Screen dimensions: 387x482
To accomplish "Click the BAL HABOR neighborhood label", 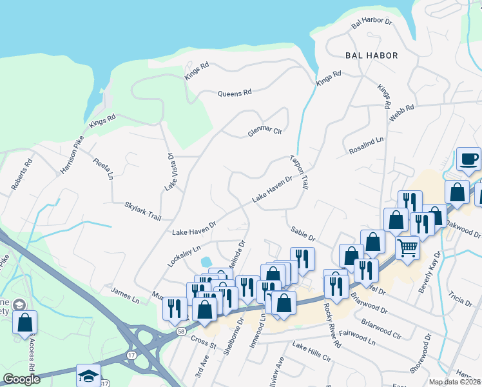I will tap(371, 55).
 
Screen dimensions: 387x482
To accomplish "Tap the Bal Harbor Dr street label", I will tap(372, 23).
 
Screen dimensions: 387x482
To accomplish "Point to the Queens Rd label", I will tap(235, 94).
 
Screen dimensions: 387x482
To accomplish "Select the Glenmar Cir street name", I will tap(265, 133).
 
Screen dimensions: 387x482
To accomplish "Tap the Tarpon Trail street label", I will tap(299, 170).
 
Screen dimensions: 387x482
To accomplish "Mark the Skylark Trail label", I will tap(142, 210).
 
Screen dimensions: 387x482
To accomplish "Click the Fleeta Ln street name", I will tap(102, 168).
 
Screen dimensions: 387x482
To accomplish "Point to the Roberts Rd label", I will tap(21, 175).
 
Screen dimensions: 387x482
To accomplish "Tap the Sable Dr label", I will tap(302, 233).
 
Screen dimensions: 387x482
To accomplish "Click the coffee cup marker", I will tap(468, 159).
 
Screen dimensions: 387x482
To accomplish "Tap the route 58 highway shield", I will tap(182, 331).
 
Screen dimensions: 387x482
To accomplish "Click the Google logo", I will tap(21, 379).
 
